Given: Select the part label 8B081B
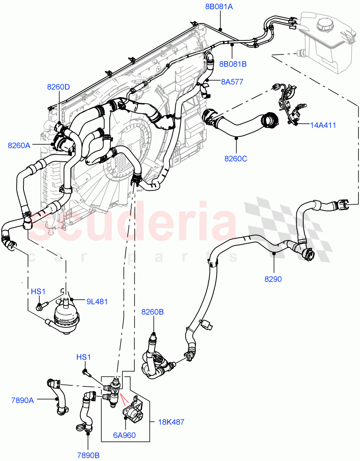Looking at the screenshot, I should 233,64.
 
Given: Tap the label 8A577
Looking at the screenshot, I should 232,81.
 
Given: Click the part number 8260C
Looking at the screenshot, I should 236,158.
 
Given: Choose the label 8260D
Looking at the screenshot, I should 58,87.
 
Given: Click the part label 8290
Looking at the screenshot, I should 273,279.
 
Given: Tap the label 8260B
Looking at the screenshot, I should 152,312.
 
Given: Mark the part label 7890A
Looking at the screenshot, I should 22,401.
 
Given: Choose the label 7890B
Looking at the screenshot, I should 88,455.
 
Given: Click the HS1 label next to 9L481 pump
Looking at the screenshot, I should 38,292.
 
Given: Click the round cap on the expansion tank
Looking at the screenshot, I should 326,27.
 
